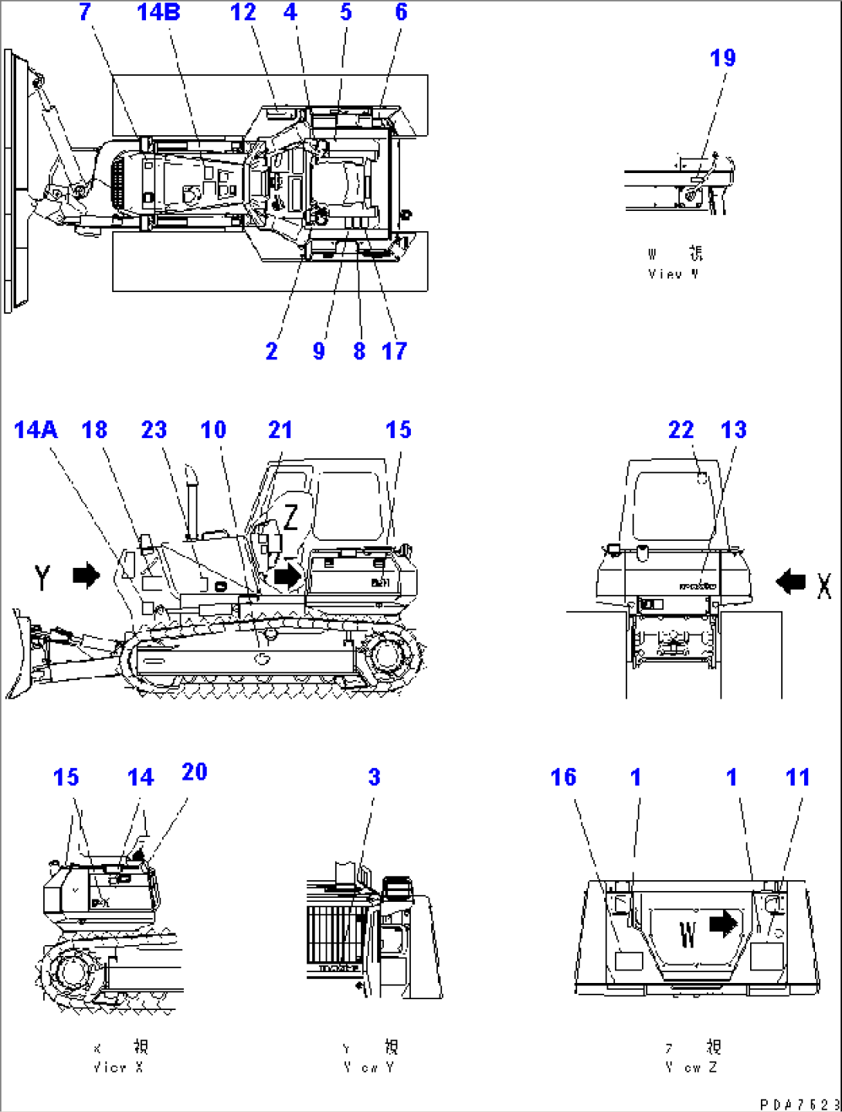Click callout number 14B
pyautogui.click(x=158, y=12)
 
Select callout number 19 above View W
pyautogui.click(x=722, y=58)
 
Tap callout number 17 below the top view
pyautogui.click(x=394, y=352)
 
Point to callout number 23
pyautogui.click(x=154, y=430)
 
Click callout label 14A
pyautogui.click(x=36, y=430)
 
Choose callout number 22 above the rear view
pyautogui.click(x=681, y=430)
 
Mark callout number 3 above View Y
pyautogui.click(x=374, y=777)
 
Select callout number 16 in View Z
pyautogui.click(x=563, y=777)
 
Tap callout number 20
pyautogui.click(x=194, y=772)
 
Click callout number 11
pyautogui.click(x=797, y=777)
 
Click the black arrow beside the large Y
pyautogui.click(x=87, y=576)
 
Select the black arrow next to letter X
pyautogui.click(x=790, y=581)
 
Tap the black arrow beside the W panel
pyautogui.click(x=723, y=923)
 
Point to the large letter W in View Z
pyautogui.click(x=688, y=933)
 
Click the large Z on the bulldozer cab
pyautogui.click(x=290, y=517)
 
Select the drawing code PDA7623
pyautogui.click(x=800, y=1104)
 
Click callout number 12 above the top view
pyautogui.click(x=243, y=12)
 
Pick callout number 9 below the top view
pyautogui.click(x=318, y=352)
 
